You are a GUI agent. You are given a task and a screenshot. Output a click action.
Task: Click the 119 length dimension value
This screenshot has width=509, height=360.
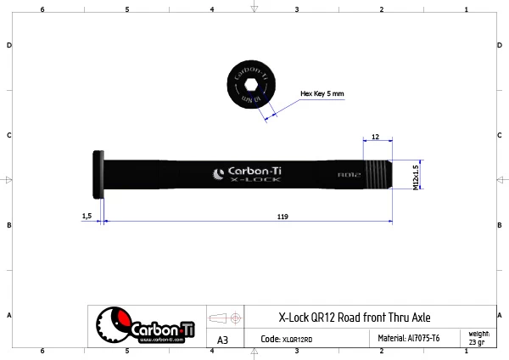click(x=282, y=217)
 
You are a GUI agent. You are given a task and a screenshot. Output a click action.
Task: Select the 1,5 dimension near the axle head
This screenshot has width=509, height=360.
click(x=87, y=217)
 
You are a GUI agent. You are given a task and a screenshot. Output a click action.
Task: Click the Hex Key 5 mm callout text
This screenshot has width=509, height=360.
click(x=322, y=93)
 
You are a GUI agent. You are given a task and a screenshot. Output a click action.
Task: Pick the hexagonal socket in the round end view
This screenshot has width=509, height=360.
click(x=249, y=86)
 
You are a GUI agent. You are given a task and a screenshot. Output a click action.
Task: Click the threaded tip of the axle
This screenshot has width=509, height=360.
click(x=378, y=176)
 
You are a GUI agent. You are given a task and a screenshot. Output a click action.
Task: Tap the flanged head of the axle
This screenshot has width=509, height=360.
click(x=96, y=175)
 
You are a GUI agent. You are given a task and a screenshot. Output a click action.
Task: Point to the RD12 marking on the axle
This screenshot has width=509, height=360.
click(x=350, y=175)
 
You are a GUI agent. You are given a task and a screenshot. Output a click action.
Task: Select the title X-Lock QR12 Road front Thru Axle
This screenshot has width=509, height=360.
click(x=354, y=317)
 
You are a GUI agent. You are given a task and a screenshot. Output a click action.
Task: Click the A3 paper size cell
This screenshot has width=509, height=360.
click(x=223, y=340)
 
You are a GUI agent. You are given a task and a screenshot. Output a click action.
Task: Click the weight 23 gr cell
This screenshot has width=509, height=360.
click(x=479, y=337)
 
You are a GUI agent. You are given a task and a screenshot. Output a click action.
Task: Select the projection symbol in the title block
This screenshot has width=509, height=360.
click(x=226, y=318)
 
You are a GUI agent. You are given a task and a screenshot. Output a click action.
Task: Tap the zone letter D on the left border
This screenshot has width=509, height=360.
click(x=8, y=45)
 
